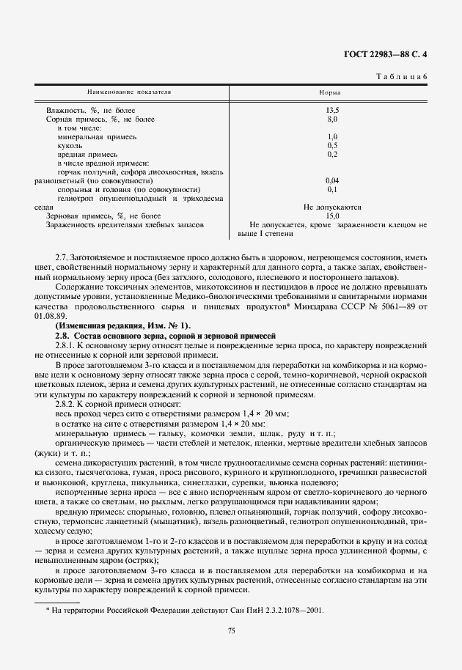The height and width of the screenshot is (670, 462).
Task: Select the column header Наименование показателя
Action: coord(129,92)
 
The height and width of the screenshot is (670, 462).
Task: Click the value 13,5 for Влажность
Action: coord(332,109)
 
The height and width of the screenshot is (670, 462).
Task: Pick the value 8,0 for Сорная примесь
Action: coord(332,118)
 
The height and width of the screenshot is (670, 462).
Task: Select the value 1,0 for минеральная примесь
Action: coord(332,136)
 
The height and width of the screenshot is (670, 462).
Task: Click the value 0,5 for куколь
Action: coord(332,145)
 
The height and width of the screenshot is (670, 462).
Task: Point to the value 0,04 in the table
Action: coord(332,180)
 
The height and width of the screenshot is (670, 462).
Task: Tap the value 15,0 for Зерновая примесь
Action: coord(332,216)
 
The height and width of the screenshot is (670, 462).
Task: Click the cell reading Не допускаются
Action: coord(332,207)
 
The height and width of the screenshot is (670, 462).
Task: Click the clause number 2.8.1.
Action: coord(67,344)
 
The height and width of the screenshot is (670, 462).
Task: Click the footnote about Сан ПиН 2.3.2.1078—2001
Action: coord(183,609)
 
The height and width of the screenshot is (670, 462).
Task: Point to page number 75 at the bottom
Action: coord(231,630)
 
